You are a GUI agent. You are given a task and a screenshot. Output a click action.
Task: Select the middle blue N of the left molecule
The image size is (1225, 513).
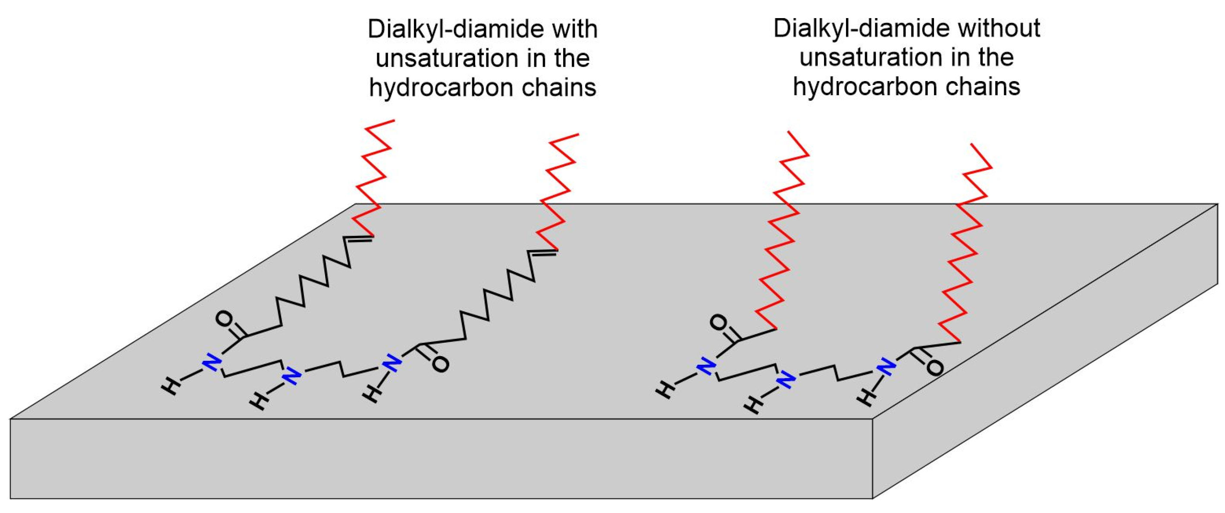(x=291, y=375)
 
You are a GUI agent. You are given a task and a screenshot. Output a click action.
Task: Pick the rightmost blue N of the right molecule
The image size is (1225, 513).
(x=886, y=366)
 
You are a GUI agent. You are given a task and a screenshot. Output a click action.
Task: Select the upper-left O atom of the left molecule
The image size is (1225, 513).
(x=225, y=319)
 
